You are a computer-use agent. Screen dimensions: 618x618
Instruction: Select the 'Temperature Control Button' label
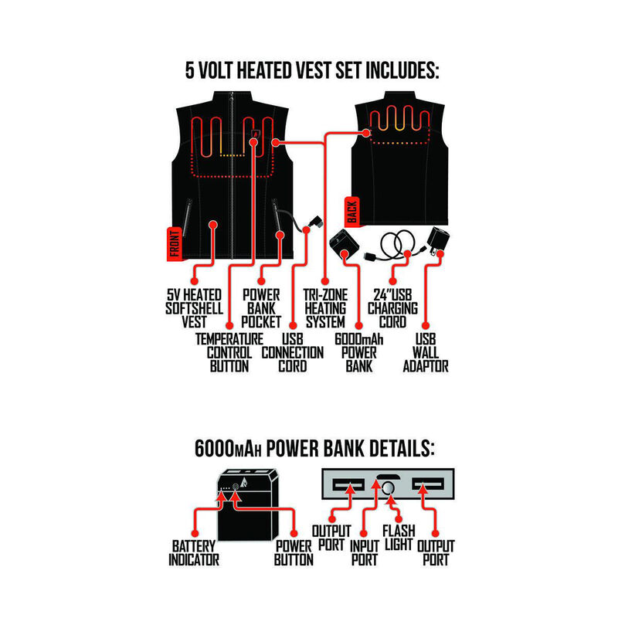[229, 352]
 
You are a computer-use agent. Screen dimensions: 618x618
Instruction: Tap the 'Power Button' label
[294, 552]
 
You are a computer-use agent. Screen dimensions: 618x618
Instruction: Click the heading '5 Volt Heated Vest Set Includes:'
[311, 72]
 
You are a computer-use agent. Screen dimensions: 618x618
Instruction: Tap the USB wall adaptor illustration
[439, 239]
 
